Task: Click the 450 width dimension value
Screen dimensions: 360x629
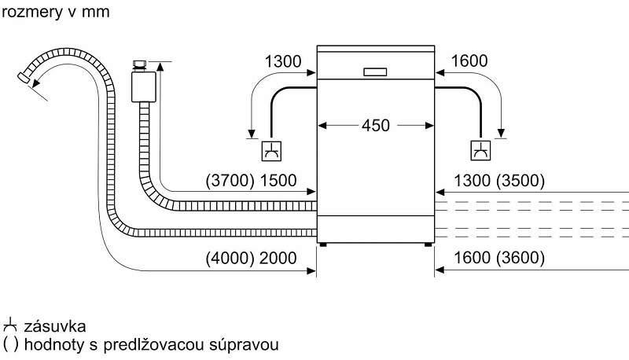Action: [376, 126]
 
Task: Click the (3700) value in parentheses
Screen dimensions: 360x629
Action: [228, 181]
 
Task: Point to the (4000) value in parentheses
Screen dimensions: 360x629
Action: [228, 259]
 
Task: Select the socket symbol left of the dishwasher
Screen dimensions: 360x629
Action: [272, 148]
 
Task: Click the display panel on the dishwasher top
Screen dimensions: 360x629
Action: [376, 72]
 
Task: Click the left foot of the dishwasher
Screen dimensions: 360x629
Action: [323, 244]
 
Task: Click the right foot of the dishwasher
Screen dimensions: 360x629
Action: [429, 244]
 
